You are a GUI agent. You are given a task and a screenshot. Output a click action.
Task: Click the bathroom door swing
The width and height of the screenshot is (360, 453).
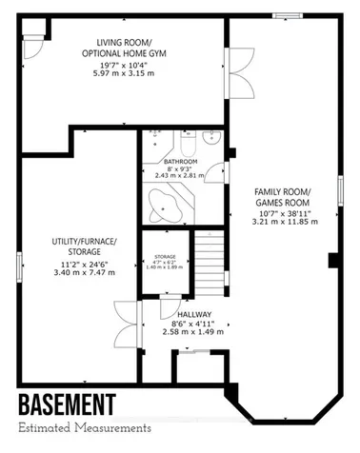tap(219, 173)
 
